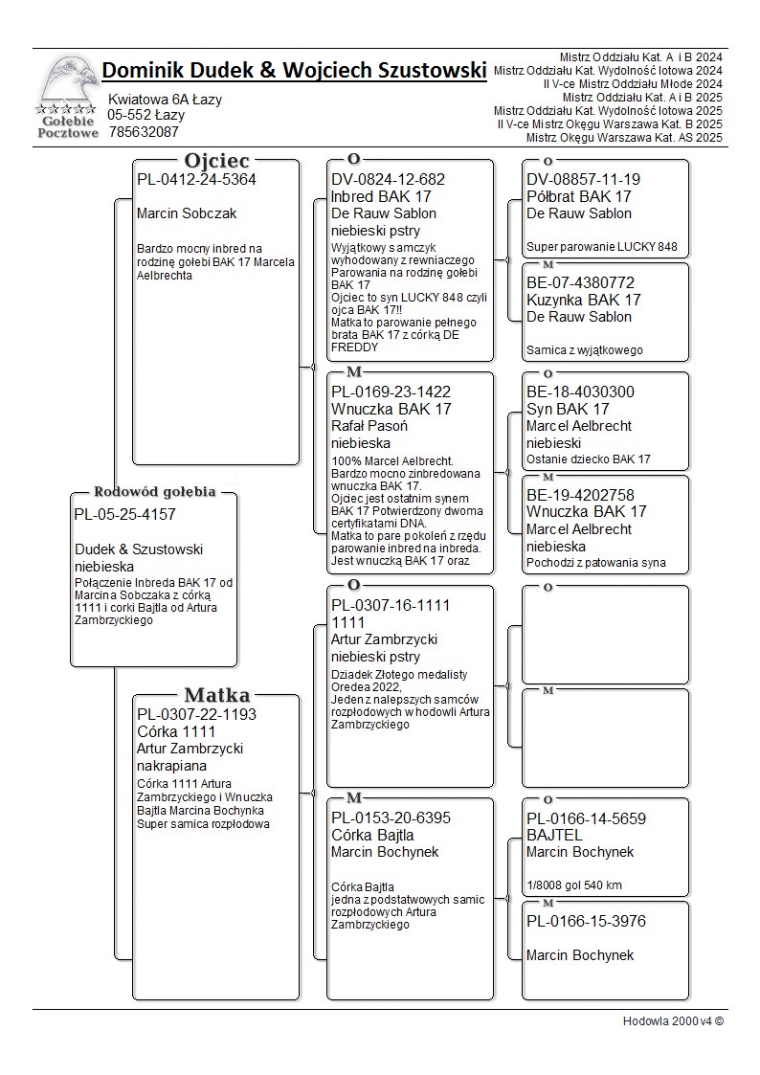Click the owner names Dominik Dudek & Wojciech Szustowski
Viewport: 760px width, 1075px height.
pos(294,70)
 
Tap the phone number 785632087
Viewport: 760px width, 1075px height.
pos(144,132)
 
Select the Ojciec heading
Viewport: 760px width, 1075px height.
pos(216,161)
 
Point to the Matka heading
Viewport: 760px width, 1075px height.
pos(216,696)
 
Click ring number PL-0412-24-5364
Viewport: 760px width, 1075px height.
pos(196,179)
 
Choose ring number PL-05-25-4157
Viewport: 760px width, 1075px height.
pos(124,514)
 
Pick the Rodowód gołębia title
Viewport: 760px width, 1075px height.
pos(154,492)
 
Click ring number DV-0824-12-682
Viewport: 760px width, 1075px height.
pos(388,179)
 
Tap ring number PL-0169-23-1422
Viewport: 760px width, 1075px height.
pos(391,392)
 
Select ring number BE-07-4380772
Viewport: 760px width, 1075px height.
pos(580,282)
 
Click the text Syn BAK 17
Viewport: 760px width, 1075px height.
pos(568,409)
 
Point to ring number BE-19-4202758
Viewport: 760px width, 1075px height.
pos(580,495)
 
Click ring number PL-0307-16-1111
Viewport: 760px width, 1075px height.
pos(391,605)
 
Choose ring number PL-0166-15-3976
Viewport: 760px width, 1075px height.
pos(586,921)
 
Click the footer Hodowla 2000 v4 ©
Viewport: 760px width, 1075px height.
pos(673,1020)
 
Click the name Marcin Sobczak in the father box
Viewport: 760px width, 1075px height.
pos(187,213)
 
